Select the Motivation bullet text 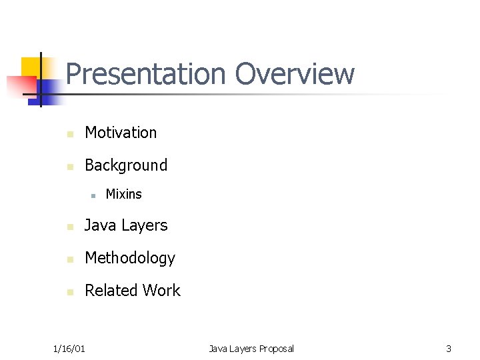click(121, 133)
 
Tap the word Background click(126, 165)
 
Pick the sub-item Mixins click(123, 195)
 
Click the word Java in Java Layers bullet click(100, 226)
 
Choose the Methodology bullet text click(129, 258)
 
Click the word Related click(109, 291)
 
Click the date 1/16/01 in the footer click(69, 349)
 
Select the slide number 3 click(449, 349)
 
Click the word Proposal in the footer click(276, 349)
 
